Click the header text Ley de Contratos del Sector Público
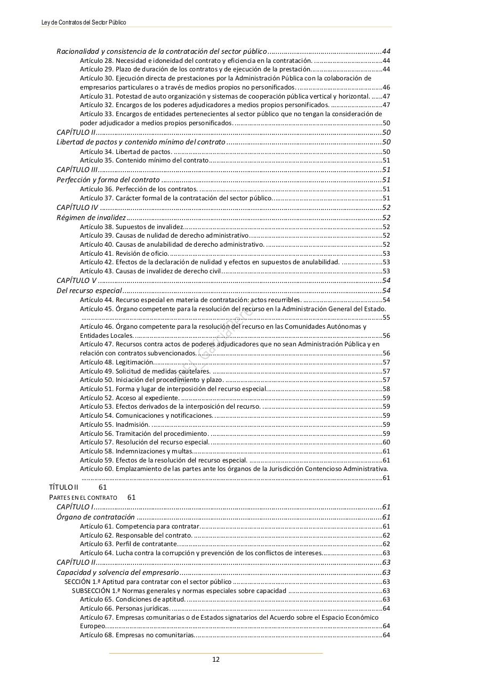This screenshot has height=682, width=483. click(84, 22)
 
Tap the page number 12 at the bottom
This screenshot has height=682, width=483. click(216, 659)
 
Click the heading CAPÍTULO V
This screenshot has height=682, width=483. click(77, 280)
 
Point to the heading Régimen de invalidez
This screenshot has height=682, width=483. click(91, 217)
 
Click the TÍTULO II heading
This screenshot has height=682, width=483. click(63, 487)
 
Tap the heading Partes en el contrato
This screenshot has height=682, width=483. click(83, 497)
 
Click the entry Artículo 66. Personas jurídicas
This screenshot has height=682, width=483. click(125, 608)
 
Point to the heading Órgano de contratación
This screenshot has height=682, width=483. click(95, 517)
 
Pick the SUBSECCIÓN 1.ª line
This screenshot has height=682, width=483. click(179, 591)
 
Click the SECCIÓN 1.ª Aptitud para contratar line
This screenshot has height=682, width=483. click(148, 582)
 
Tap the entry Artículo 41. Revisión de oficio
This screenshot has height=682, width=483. click(124, 254)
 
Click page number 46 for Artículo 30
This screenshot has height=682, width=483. click(386, 87)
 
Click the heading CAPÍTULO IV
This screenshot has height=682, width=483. click(77, 207)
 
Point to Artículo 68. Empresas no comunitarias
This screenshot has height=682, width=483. click(137, 635)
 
